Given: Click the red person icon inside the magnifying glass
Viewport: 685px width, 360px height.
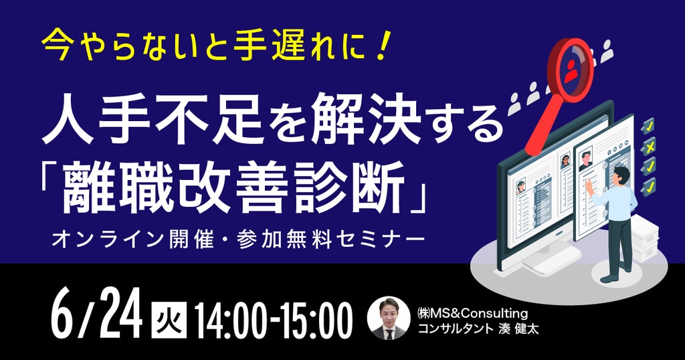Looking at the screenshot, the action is [570, 72].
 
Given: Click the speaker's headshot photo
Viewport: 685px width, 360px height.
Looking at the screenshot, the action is [389, 318].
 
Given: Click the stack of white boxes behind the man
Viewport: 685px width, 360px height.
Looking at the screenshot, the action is [644, 238].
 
